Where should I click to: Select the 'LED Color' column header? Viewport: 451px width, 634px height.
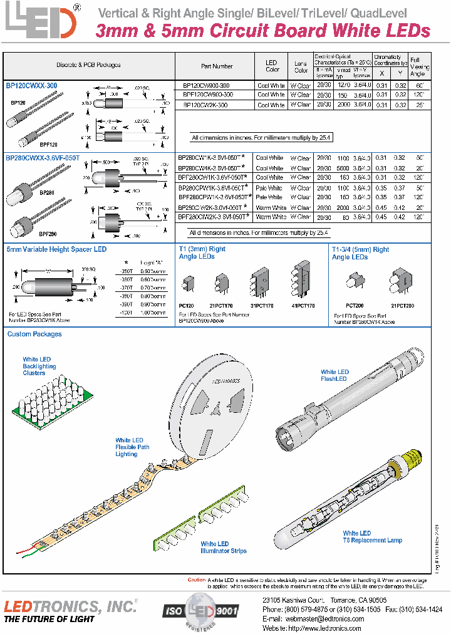[271, 66]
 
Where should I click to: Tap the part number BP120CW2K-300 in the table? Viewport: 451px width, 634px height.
[205, 105]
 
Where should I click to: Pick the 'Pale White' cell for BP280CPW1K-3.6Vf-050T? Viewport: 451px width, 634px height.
[269, 188]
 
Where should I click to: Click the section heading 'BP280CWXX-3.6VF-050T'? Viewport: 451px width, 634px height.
[43, 158]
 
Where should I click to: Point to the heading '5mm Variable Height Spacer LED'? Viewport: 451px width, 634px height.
[56, 249]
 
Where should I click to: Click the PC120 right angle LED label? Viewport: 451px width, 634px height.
[186, 305]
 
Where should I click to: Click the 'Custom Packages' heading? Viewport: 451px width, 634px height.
[34, 335]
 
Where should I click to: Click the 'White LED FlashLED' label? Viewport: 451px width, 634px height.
[334, 375]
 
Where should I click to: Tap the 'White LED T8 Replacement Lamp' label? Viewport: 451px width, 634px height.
[372, 536]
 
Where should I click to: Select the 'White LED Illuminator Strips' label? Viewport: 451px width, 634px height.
[223, 548]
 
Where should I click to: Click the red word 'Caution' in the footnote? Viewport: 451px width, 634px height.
[196, 580]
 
